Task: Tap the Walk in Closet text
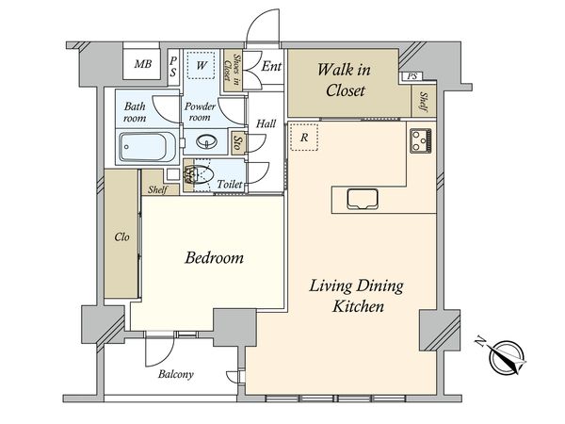[345, 80]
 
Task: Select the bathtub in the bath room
[147, 146]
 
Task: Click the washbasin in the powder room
[207, 141]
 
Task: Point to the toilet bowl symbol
[198, 175]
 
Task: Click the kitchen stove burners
[421, 140]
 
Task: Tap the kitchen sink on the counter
[363, 199]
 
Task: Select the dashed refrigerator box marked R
[304, 137]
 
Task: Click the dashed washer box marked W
[202, 65]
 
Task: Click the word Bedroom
[215, 258]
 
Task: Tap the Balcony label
[176, 374]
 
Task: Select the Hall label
[266, 123]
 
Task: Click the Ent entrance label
[271, 66]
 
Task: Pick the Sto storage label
[238, 143]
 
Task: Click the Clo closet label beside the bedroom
[121, 236]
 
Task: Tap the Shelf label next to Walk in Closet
[424, 102]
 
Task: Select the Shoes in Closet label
[232, 70]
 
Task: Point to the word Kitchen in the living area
[358, 307]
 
